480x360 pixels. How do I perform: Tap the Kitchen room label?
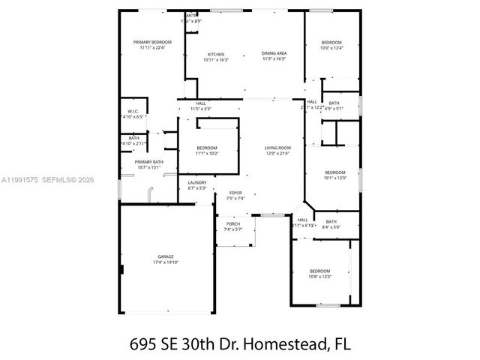click(216, 54)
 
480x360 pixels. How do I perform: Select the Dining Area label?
click(274, 53)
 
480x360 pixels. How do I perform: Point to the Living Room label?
click(277, 148)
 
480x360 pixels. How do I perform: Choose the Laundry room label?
click(197, 182)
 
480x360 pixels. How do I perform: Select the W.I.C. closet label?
click(133, 112)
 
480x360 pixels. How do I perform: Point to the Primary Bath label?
click(148, 161)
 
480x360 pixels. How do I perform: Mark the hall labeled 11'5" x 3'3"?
click(201, 109)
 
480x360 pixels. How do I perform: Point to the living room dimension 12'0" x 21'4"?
click(277, 154)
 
